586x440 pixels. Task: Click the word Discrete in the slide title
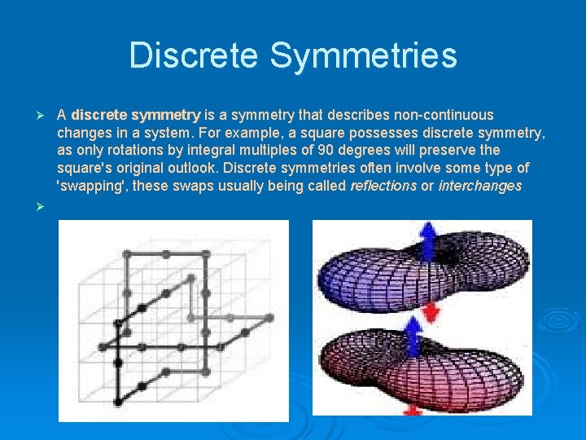193,56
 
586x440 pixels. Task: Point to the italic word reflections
383,187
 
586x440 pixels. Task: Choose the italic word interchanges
480,187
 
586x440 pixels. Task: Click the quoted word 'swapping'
92,187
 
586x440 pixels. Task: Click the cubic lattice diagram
173,320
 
